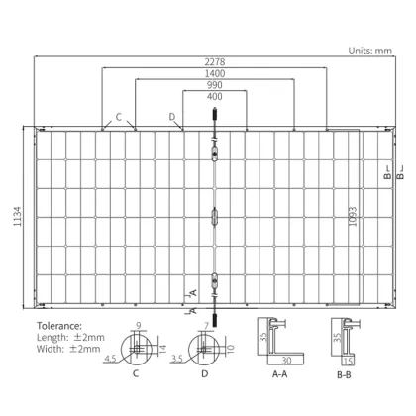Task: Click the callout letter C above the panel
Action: coord(118,118)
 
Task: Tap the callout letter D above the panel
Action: coord(171,118)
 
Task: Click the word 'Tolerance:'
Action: coord(60,324)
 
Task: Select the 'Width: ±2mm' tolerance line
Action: coord(67,349)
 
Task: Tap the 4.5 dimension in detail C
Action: coord(114,360)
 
